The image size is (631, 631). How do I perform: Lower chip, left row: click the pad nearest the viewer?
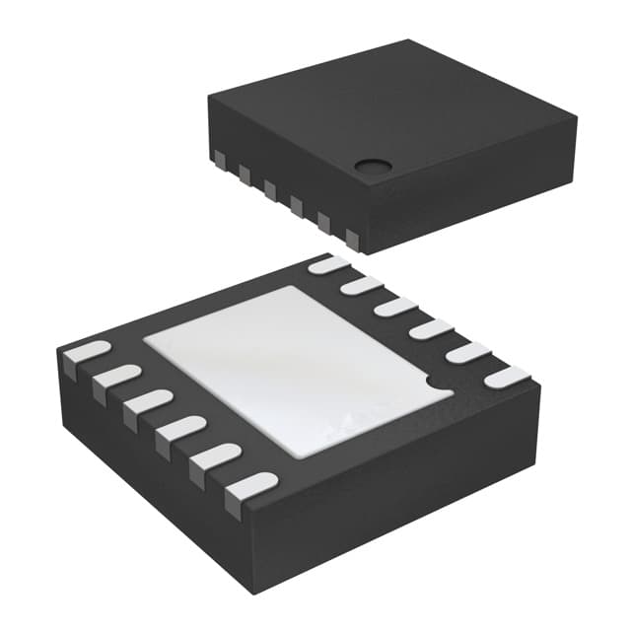248,489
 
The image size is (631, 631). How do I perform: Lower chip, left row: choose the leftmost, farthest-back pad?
86,353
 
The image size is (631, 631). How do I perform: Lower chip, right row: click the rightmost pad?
507,377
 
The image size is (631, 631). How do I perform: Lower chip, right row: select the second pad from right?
467,352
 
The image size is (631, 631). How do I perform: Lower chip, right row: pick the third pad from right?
431,329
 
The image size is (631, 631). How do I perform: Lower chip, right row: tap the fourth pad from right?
395,307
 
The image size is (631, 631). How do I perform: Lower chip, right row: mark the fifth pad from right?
362,286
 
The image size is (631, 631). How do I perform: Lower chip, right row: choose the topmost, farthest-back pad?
328,264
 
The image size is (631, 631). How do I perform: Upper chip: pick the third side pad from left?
269,188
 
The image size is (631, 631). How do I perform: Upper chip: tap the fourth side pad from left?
296,204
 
